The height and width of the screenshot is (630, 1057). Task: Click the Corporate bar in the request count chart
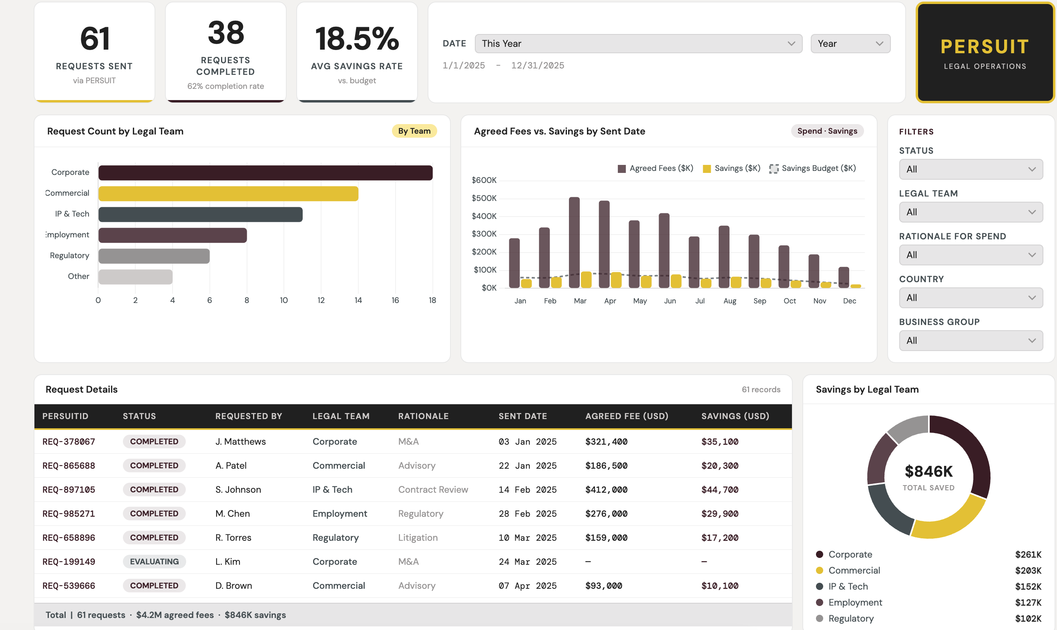(265, 173)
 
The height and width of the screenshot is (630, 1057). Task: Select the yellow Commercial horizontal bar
(229, 194)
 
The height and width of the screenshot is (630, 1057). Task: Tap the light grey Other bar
(135, 277)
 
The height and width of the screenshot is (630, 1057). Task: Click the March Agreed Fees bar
(574, 243)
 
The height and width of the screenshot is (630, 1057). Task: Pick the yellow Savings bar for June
(676, 281)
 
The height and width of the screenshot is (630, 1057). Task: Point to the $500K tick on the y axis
(484, 198)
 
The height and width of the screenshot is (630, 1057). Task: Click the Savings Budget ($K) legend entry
(812, 169)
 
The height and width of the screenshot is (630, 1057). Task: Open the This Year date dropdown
(638, 44)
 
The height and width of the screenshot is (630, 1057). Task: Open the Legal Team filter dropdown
(971, 212)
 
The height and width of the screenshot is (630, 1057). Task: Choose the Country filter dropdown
(971, 298)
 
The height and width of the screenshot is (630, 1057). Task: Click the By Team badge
(414, 131)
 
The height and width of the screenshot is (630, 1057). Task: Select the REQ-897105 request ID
(69, 490)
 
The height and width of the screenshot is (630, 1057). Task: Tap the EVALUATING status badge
(155, 562)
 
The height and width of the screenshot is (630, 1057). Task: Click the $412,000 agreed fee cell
(607, 490)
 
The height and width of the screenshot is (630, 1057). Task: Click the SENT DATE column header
(523, 416)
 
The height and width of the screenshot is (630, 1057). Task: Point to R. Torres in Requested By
(233, 538)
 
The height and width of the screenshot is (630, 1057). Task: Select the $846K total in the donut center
(929, 471)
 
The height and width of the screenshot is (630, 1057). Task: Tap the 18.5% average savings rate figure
(357, 39)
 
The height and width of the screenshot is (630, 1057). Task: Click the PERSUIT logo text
(985, 47)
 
